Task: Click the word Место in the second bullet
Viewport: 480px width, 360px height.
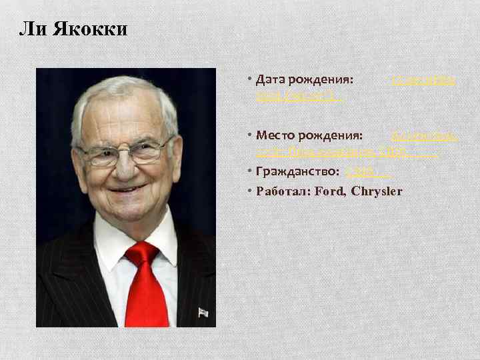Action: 276,136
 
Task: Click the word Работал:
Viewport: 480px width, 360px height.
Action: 282,191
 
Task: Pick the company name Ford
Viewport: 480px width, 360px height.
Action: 329,191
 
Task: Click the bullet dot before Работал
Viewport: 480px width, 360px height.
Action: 249,191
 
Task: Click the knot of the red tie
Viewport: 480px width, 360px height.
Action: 143,253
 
